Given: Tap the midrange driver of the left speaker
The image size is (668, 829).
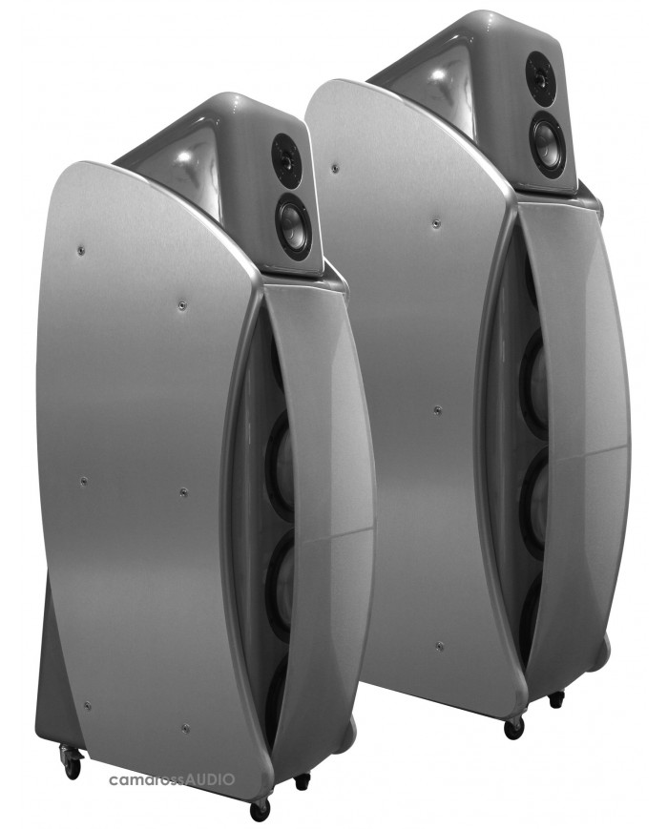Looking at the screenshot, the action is point(289,222).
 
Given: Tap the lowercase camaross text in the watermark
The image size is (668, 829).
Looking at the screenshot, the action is point(148,779).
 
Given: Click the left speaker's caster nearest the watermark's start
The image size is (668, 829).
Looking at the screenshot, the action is point(71,759).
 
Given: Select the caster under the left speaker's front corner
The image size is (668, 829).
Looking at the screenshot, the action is point(260,806).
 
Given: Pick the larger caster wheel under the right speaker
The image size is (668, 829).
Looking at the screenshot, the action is point(512,727).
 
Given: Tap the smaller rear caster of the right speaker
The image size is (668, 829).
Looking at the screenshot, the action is point(555,699).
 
